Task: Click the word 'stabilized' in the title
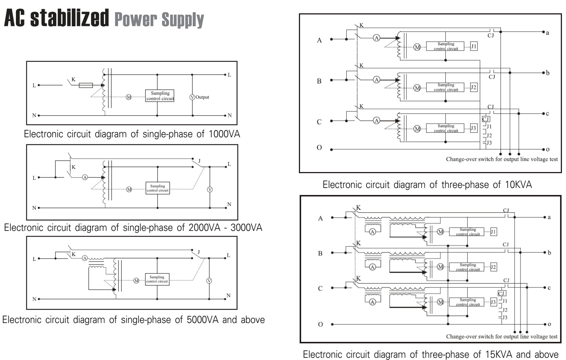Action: point(70,18)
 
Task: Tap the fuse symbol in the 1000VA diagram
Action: point(86,85)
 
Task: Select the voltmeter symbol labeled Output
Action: point(192,97)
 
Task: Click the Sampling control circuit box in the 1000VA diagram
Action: point(160,96)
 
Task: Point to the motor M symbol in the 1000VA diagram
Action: point(129,97)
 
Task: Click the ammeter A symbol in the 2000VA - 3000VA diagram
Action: point(85,178)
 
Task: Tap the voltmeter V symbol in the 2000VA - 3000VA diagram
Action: point(210,189)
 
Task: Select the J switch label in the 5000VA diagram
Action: point(198,252)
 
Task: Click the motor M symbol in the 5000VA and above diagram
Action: point(136,281)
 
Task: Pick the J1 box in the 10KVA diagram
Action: point(474,46)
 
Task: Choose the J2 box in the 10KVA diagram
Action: point(474,87)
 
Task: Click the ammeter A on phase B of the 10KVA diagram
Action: point(377,80)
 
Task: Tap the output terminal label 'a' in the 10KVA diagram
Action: point(548,33)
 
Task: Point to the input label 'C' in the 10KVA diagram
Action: point(319,122)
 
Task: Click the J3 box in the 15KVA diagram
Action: point(493,302)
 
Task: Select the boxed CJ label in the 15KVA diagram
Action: point(502,293)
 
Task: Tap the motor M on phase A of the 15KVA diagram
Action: point(440,232)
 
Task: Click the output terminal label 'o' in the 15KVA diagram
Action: point(549,324)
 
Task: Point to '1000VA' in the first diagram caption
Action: point(224,134)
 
